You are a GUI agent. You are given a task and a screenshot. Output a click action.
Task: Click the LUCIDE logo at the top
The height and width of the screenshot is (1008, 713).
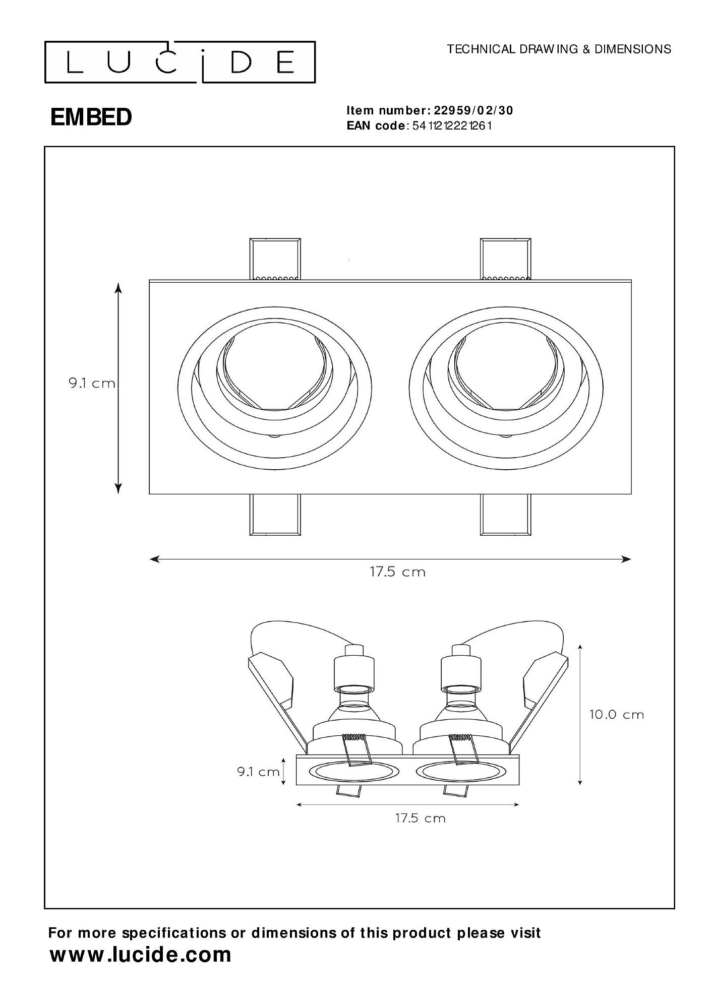180,62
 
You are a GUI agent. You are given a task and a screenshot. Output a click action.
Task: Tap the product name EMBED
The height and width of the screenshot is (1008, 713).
91,117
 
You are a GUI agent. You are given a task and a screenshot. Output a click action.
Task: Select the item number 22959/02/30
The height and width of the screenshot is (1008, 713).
473,110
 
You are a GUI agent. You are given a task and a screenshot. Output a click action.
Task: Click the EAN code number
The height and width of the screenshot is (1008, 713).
451,125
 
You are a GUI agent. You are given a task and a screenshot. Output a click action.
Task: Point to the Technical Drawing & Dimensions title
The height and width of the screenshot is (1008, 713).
559,49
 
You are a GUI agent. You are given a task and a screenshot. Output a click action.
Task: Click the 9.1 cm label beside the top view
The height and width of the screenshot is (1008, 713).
92,384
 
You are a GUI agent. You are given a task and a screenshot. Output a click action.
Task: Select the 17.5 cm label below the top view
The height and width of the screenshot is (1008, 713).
398,572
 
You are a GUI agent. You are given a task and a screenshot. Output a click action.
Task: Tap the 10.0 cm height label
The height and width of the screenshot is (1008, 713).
617,715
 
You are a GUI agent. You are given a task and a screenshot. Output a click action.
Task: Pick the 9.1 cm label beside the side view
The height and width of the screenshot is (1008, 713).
259,772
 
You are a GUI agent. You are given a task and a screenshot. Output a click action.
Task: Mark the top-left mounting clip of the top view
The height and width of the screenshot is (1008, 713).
275,259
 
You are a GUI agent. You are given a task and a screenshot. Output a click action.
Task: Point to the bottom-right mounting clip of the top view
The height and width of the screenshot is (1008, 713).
506,515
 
